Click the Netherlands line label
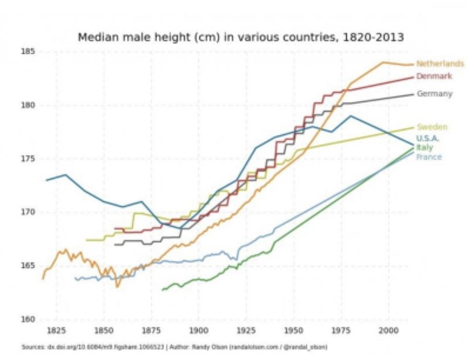440,64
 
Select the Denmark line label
434,76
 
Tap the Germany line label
434,94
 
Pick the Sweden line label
432,127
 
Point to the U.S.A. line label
428,138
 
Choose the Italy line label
424,147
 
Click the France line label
429,157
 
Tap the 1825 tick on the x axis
56,330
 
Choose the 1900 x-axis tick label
199,330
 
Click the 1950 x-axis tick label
294,330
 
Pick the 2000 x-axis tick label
389,330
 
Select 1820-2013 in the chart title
373,38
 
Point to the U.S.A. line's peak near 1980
350,116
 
